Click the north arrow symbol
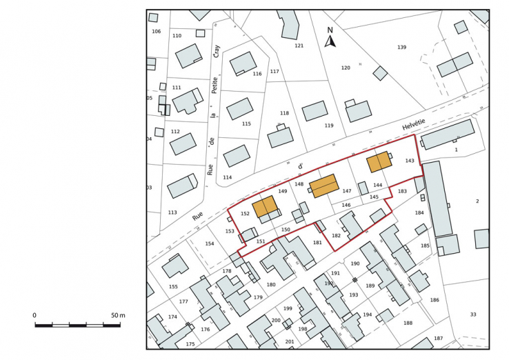tap(330, 41)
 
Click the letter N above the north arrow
tap(330, 30)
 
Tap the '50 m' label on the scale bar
tap(117, 315)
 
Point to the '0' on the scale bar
tap(34, 315)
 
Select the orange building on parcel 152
tap(265, 207)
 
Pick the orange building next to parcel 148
tap(323, 186)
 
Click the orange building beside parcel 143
tap(379, 161)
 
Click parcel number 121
tap(299, 46)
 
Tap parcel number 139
tap(401, 47)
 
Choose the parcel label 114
tap(227, 177)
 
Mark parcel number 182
tap(336, 236)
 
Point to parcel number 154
tap(210, 243)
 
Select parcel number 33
tap(473, 314)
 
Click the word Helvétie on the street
tap(415, 126)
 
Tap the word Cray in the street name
tap(216, 50)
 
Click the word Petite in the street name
tap(214, 86)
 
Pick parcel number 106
tap(156, 31)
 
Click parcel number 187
tap(438, 338)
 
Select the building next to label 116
tap(243, 63)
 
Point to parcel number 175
tap(190, 343)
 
